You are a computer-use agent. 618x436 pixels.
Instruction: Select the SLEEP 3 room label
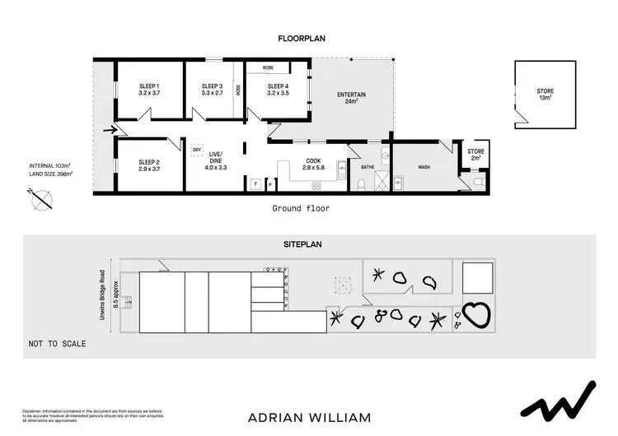213,90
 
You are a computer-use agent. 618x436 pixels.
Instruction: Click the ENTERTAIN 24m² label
351,99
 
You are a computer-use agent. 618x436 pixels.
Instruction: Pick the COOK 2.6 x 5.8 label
313,165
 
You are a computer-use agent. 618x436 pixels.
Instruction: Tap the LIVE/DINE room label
216,158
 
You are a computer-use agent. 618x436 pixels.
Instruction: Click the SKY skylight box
197,150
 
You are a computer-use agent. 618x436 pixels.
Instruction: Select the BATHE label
368,166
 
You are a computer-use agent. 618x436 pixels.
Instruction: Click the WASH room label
424,168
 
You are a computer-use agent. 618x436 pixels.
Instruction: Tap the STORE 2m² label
476,155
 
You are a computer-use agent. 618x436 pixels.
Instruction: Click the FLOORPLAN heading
309,38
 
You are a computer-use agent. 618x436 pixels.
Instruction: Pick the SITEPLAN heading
309,244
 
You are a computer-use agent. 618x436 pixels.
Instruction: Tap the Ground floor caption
301,209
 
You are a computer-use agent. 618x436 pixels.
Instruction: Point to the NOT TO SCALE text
57,343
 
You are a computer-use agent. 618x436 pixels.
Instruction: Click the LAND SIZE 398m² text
50,174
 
